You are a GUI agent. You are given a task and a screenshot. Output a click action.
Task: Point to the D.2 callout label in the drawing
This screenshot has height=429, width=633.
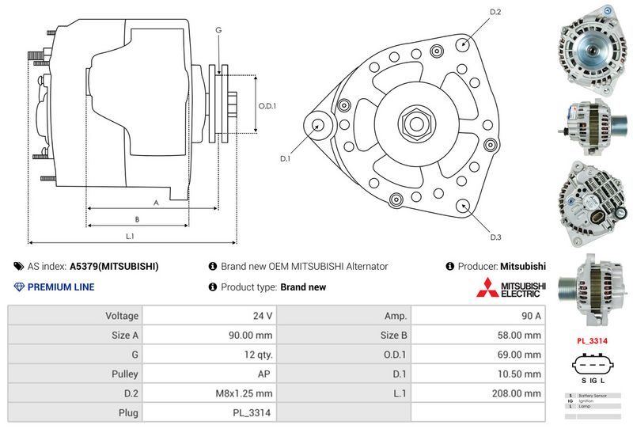(x=495, y=12)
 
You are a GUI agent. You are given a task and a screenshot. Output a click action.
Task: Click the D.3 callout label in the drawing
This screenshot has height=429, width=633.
(x=495, y=237)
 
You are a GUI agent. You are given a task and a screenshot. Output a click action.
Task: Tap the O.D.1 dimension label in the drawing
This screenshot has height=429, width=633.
(x=267, y=107)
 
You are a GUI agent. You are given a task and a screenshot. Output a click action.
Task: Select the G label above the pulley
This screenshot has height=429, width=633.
(x=218, y=30)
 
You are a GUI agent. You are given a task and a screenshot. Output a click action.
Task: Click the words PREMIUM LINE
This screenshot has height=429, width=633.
(x=61, y=287)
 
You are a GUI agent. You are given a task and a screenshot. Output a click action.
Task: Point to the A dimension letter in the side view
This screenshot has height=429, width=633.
(x=156, y=203)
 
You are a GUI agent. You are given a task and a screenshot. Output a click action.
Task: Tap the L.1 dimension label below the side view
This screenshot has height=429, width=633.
(x=130, y=237)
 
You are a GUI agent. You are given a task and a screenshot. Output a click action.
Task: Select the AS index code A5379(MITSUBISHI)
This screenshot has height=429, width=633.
(x=114, y=267)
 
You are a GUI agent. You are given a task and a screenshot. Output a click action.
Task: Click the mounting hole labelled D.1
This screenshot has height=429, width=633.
(x=318, y=124)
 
